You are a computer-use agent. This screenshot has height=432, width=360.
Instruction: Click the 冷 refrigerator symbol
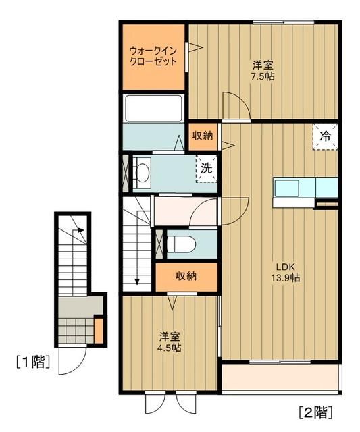pos(325,136)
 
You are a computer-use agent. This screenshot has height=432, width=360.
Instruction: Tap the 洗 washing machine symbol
pos(207,168)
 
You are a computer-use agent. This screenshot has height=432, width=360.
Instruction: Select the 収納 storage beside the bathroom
pos(202,136)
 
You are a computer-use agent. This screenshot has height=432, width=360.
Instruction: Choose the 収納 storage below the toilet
pos(186,276)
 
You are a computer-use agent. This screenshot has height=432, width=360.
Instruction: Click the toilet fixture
pos(180,243)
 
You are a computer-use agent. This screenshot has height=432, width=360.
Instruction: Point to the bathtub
pos(153,108)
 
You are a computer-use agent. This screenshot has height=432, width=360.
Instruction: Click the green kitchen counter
pos(305,186)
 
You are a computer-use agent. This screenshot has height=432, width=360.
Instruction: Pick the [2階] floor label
pos(315,410)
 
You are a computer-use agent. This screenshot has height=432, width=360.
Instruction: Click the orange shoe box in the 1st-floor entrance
pos(99,331)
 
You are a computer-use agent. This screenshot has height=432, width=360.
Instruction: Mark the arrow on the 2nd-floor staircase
pos(137,270)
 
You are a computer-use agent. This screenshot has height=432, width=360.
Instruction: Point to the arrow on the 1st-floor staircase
pos(80,234)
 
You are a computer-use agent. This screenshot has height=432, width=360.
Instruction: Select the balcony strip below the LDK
pos(280,379)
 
